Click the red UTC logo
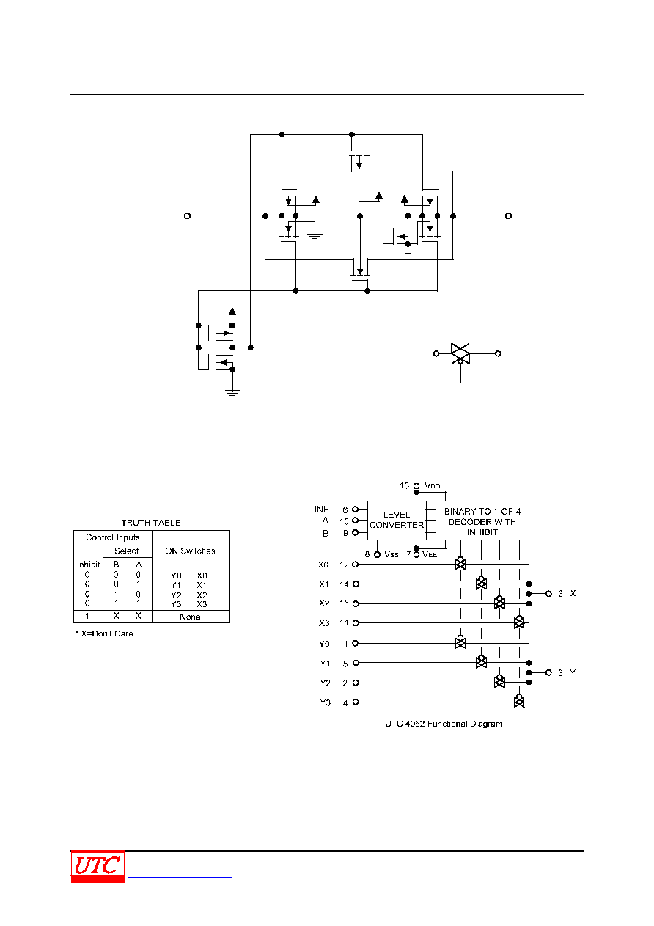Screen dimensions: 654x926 98,866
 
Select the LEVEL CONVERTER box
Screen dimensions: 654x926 397,520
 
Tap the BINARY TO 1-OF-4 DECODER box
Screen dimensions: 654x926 482,520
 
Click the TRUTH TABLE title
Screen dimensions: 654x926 151,523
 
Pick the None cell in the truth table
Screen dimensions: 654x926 190,617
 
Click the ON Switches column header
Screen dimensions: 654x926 190,551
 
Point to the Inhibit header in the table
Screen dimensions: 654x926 88,565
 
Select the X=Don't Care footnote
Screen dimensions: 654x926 104,633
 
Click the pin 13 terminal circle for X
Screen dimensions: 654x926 548,594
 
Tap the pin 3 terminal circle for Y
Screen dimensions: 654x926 548,672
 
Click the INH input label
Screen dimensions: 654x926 322,510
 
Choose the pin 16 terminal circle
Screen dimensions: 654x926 416,486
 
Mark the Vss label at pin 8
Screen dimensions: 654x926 391,554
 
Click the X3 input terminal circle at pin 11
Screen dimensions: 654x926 356,623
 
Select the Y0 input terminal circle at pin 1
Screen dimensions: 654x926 355,643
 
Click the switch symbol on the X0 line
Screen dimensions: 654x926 460,563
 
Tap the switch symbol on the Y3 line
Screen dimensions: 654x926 519,701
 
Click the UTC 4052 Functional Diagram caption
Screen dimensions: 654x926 444,724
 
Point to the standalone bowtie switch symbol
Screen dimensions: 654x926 460,354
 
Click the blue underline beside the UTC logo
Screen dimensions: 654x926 180,877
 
